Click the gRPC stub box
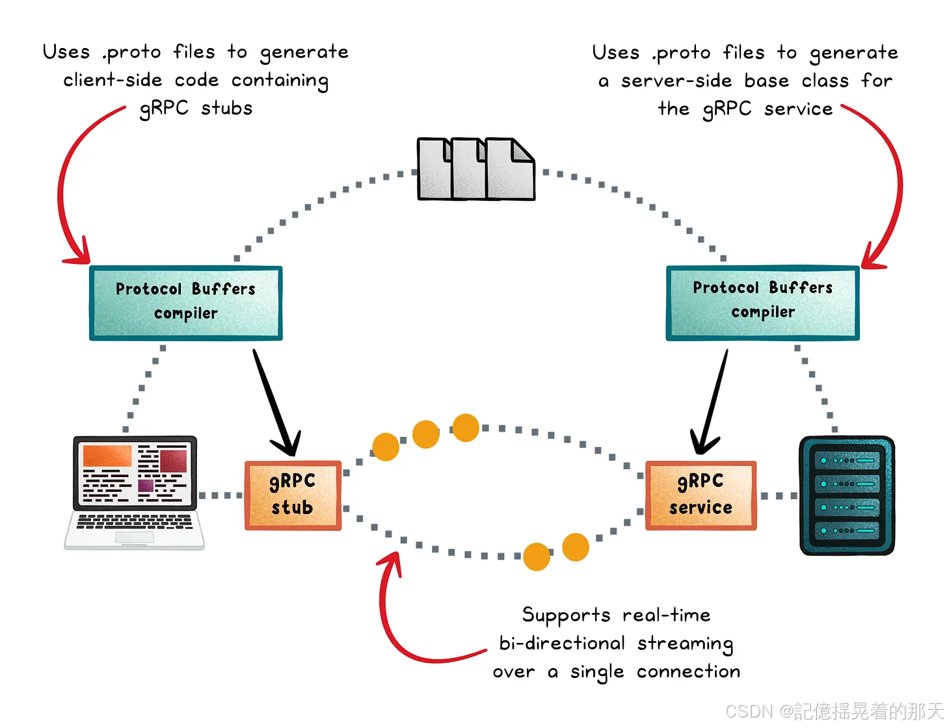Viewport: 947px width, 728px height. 293,495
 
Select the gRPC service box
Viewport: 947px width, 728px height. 700,495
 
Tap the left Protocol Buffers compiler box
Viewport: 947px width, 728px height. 186,303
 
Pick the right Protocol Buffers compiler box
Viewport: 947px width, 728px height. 762,303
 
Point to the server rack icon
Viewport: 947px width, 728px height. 846,495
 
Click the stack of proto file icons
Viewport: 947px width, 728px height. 475,168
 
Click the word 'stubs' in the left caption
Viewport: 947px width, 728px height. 226,108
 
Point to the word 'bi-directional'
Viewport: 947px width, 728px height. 562,643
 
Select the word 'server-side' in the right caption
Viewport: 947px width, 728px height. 676,81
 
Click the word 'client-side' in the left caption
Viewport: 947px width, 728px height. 113,80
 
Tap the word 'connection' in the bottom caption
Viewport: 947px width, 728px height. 688,671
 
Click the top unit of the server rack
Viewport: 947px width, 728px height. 846,460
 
